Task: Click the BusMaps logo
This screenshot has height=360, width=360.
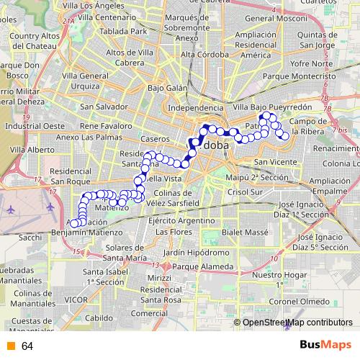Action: (325, 346)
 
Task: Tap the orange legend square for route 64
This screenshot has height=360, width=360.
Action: (10, 346)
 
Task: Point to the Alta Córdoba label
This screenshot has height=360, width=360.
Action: (205, 55)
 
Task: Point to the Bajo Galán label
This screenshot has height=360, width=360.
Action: (167, 88)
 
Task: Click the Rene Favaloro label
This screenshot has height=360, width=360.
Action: (107, 125)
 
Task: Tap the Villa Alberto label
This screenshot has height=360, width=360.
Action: (32, 150)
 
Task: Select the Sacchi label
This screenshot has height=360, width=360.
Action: (30, 236)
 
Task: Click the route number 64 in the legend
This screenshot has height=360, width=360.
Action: (27, 346)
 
